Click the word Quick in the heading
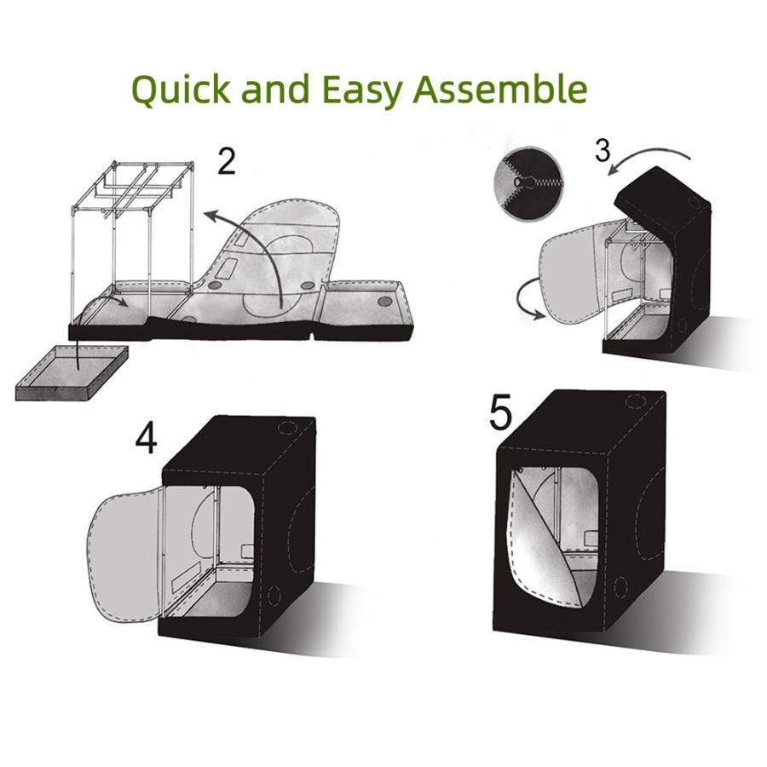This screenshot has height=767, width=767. [x=181, y=89]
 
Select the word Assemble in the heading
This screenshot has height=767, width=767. [x=500, y=89]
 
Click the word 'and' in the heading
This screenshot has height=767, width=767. [x=276, y=89]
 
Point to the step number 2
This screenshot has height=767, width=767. [x=226, y=161]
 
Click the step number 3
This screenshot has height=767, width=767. [x=603, y=150]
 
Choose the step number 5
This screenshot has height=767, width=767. [x=500, y=413]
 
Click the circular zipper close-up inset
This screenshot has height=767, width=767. [x=528, y=183]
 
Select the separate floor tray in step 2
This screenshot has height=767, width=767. [x=72, y=373]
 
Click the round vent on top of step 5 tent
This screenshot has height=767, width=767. [x=636, y=401]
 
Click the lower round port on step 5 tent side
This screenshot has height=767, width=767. [x=620, y=585]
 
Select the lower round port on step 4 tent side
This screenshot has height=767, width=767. [x=273, y=594]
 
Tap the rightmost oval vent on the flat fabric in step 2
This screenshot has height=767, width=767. [x=385, y=301]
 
